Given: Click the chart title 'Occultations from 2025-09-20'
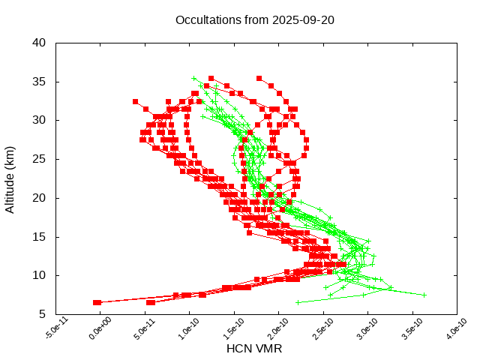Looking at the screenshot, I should coord(255,19).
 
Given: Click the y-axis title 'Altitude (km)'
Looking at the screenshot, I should coord(10,178).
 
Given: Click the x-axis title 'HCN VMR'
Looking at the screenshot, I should coord(254,349).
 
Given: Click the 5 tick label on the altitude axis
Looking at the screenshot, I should coord(44,314).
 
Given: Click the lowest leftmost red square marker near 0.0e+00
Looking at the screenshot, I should coord(97,302).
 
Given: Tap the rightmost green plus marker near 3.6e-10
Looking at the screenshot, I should coord(424,295).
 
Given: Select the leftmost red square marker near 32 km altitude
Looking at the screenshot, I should coord(136,101).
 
